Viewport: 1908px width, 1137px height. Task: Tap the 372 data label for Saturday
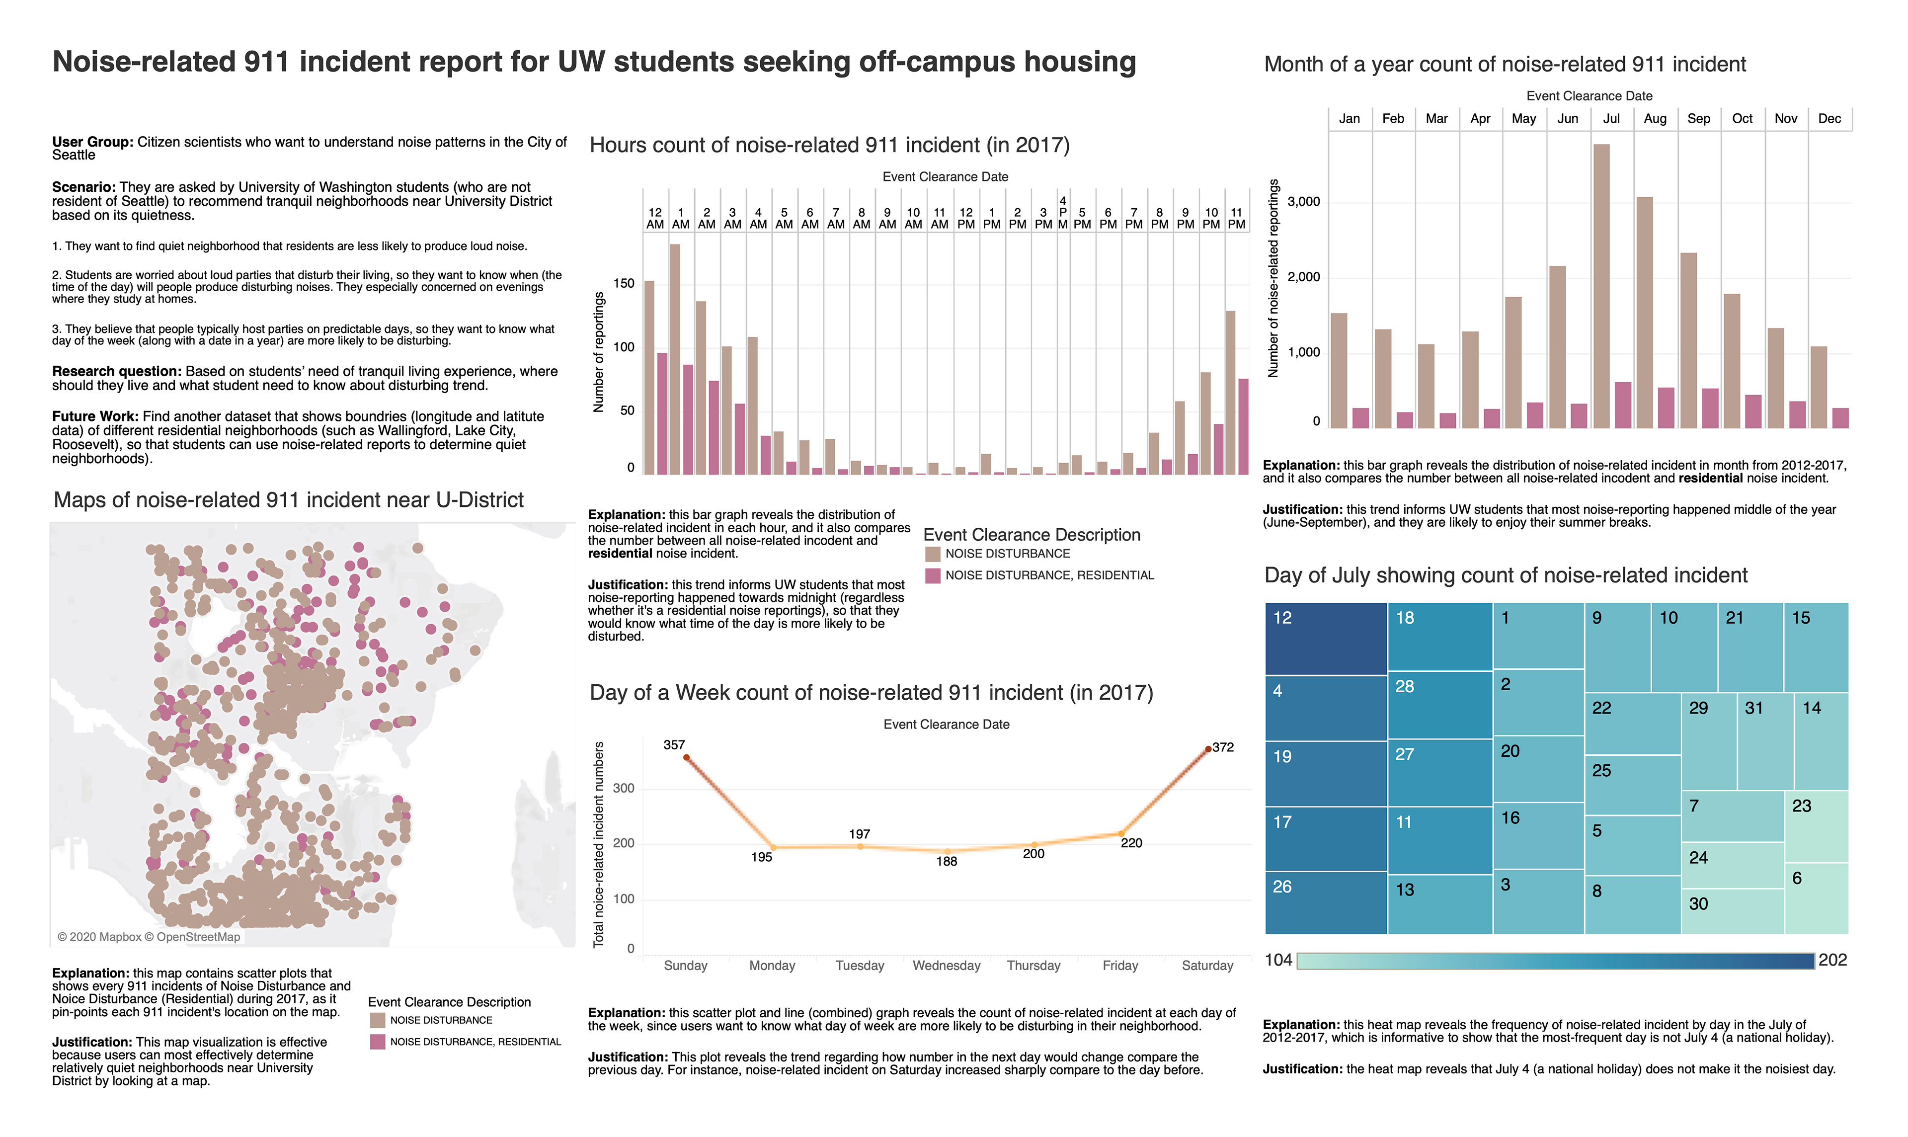(x=1223, y=747)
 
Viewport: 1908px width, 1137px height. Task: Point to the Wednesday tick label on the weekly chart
(x=946, y=966)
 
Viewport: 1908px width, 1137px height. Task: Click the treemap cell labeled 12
(x=1325, y=638)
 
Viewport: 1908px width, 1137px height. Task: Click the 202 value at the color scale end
(x=1832, y=960)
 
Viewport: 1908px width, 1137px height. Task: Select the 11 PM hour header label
(x=1236, y=218)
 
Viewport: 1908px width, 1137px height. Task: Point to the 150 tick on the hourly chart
(x=624, y=283)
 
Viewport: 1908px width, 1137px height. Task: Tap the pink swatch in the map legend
(x=378, y=1042)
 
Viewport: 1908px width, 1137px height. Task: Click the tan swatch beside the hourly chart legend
(x=932, y=554)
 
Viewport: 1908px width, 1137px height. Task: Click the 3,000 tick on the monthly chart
(x=1304, y=202)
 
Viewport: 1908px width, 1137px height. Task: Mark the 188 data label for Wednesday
(x=946, y=861)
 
